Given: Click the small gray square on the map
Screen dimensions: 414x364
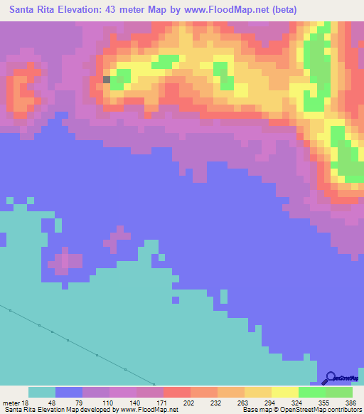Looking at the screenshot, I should [x=107, y=80].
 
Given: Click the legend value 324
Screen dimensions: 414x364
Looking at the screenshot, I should [x=298, y=402].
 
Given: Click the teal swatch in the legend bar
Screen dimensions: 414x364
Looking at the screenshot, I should [x=42, y=392].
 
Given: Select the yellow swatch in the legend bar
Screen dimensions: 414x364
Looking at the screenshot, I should [x=285, y=392].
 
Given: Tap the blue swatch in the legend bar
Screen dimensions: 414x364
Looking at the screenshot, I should [x=69, y=392].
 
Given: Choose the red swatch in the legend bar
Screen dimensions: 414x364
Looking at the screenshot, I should [x=177, y=392].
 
